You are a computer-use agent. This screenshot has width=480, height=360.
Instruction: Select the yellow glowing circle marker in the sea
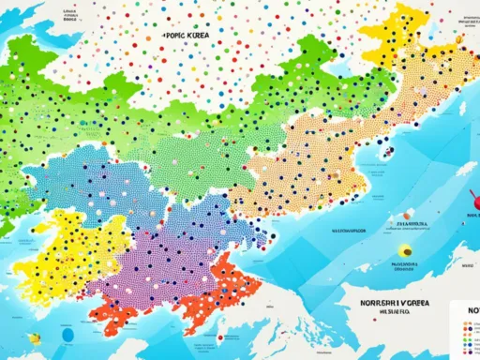coord(404,251)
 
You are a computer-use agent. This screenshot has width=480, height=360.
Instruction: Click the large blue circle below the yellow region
coord(67,333)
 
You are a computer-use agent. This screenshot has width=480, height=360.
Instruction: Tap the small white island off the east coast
coord(466,169)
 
